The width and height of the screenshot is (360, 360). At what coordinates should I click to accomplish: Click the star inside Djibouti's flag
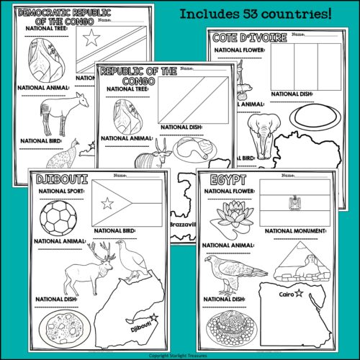pos(108,204)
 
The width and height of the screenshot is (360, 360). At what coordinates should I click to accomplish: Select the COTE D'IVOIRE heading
pos(245,37)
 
